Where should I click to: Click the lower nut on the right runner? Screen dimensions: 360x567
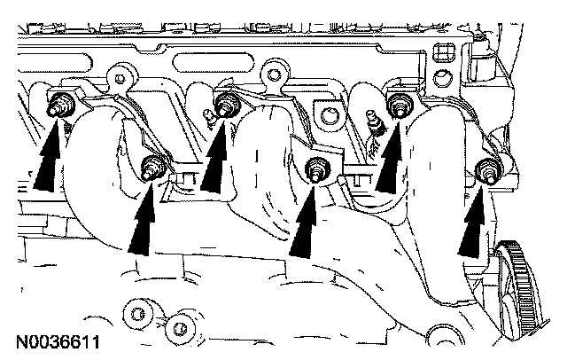pos(486,169)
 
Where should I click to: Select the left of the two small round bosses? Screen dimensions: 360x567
pos(138,312)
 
